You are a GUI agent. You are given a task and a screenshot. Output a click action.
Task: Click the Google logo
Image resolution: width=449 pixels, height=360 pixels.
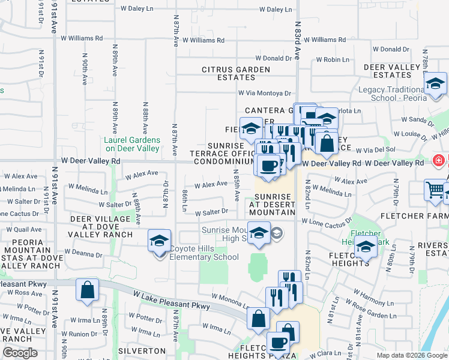(x=20, y=353)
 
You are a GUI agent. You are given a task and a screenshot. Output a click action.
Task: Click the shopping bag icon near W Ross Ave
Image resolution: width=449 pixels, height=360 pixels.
(x=87, y=290)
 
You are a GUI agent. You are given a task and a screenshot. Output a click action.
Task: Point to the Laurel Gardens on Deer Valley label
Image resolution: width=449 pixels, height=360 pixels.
(x=132, y=144)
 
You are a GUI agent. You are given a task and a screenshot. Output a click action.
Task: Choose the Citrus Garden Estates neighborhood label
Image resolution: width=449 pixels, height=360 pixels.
(x=237, y=73)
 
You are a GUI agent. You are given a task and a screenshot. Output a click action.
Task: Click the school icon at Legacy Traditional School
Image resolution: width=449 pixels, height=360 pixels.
(x=435, y=83)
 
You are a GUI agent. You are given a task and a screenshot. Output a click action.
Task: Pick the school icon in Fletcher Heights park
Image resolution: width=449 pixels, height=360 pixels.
(x=366, y=246)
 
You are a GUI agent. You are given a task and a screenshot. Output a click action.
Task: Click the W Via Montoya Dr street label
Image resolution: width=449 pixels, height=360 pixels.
(x=264, y=93)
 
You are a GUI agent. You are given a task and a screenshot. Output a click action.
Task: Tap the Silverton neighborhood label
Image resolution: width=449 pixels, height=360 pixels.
(x=142, y=350)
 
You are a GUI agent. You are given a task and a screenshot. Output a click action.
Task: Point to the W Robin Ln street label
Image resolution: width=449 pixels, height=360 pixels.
(x=328, y=59)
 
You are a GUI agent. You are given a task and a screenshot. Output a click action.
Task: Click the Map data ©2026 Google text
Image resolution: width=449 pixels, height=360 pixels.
(x=411, y=355)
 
